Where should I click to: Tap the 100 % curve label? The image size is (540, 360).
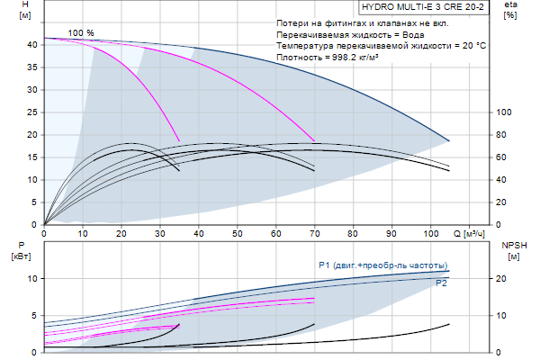coord(81,32)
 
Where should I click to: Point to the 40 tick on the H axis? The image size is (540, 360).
coord(32,44)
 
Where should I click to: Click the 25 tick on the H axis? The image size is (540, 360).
coord(32,112)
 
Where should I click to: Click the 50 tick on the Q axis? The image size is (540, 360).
coord(237,233)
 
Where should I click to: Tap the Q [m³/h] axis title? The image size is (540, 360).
coord(474,233)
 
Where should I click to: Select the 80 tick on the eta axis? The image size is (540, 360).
coord(505,134)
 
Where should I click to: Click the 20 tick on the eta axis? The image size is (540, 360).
coord(505,202)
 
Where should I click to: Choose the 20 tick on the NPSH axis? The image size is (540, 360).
coord(505,278)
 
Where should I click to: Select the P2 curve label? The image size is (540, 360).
coord(442,283)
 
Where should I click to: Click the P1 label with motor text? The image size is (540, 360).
coord(382,265)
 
